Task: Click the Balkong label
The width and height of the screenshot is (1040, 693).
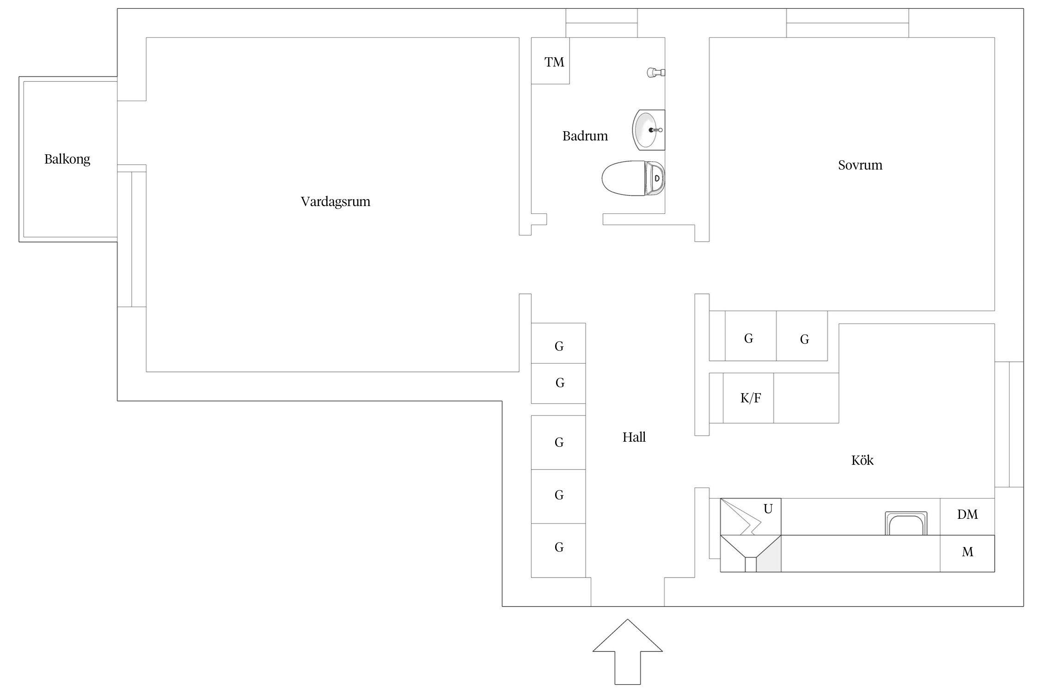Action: click(67, 159)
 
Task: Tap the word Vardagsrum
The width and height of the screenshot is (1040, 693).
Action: click(335, 201)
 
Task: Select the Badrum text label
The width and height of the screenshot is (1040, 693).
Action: click(585, 136)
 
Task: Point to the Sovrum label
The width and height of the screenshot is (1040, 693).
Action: click(860, 165)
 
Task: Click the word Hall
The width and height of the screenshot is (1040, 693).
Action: click(634, 437)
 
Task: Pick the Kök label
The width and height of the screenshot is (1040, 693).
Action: click(862, 460)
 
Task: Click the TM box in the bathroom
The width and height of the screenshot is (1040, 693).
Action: click(554, 61)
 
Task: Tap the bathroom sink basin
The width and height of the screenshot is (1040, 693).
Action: click(646, 130)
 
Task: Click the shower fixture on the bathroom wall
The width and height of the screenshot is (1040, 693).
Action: click(655, 72)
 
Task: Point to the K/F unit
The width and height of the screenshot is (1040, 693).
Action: click(750, 398)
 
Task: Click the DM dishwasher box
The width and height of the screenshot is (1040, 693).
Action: click(967, 515)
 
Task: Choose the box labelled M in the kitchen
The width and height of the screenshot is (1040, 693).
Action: click(967, 552)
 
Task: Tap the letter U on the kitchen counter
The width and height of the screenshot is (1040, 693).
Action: click(768, 509)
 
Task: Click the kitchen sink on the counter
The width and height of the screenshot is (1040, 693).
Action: click(905, 523)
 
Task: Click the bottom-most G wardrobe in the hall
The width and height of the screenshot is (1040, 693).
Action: click(559, 548)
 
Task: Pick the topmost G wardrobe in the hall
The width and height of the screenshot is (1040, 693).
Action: click(559, 346)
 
